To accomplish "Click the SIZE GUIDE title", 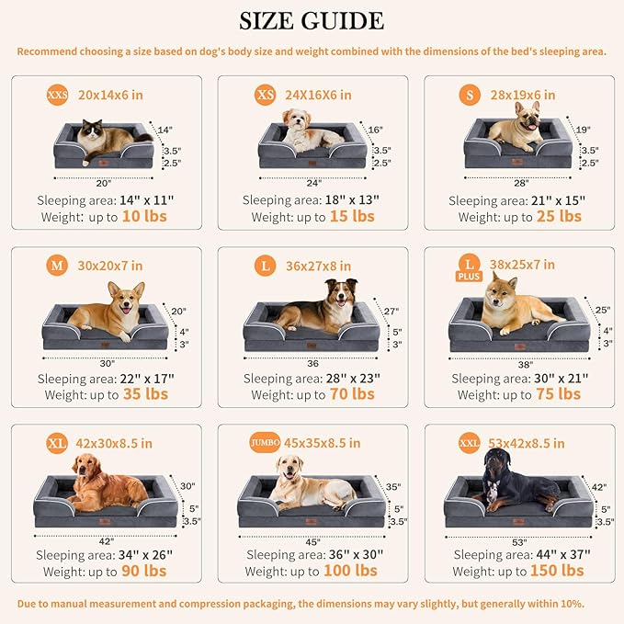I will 312,20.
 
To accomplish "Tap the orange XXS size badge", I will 57,95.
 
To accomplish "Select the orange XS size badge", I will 265,95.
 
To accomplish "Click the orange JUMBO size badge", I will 265,443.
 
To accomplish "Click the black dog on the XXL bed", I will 515,488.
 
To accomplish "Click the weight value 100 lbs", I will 351,571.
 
